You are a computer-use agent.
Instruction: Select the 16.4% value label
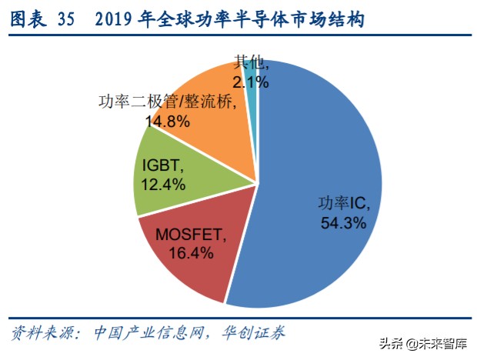pyautogui.click(x=185, y=253)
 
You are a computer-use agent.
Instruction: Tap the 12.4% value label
pyautogui.click(x=162, y=184)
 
